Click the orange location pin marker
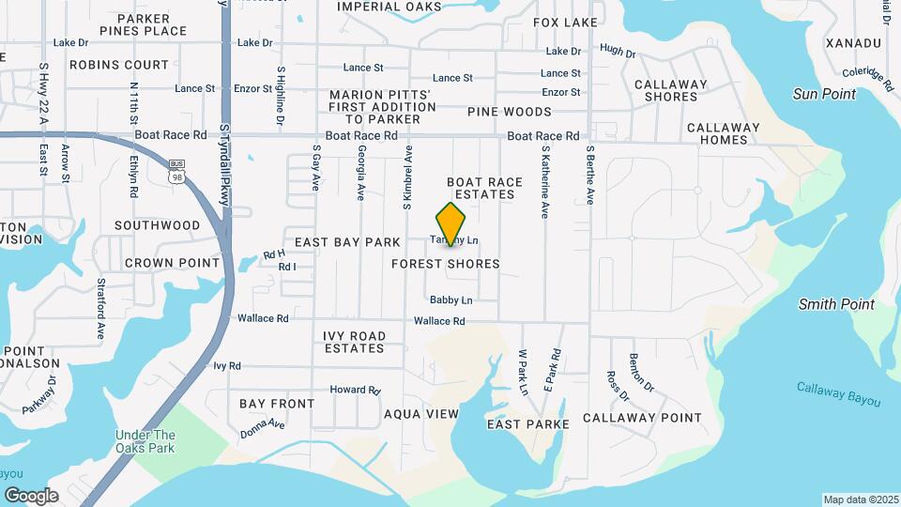(451, 223)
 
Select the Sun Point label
(824, 94)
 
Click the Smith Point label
(836, 304)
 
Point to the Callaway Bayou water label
(839, 393)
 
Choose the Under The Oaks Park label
(145, 441)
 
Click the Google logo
(31, 496)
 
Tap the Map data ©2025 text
(860, 499)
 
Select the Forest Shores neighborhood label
(446, 264)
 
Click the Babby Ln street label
(450, 300)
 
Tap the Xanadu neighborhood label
(853, 43)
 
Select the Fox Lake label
(565, 22)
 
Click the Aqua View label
(421, 413)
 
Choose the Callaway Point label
(642, 418)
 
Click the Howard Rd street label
(354, 390)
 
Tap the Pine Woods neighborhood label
(509, 112)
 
